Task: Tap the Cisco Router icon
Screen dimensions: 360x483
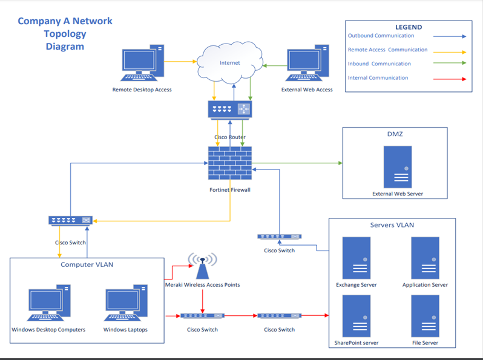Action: point(229,110)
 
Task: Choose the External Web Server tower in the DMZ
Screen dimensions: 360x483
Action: point(397,167)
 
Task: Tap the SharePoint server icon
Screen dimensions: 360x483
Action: point(356,316)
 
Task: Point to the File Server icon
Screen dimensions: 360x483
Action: point(425,316)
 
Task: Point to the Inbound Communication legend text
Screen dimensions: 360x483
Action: point(379,64)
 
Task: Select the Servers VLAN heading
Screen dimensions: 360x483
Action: point(392,225)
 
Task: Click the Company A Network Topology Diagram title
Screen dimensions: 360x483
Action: point(65,33)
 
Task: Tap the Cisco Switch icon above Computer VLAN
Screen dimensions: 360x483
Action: point(70,221)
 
